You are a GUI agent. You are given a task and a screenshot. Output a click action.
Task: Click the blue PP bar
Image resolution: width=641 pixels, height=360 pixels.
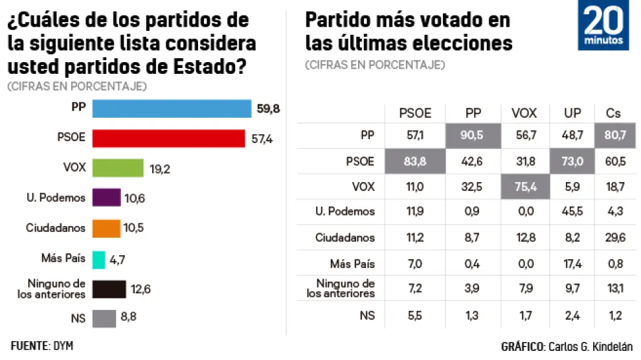click(x=172, y=109)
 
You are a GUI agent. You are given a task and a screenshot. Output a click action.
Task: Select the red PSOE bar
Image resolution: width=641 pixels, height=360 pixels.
click(x=168, y=138)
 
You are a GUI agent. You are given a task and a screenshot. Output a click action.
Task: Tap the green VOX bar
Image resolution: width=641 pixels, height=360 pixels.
click(x=117, y=167)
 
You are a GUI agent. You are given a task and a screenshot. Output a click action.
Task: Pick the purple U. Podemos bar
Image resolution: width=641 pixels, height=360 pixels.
click(x=106, y=197)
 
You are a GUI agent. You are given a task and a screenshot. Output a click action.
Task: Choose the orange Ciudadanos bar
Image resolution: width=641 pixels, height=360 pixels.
click(x=106, y=228)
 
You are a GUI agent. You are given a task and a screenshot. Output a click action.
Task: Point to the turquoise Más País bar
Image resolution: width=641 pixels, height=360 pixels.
click(x=98, y=258)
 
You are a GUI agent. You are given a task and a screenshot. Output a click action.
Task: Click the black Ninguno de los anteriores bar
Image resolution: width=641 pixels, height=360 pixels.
click(x=109, y=288)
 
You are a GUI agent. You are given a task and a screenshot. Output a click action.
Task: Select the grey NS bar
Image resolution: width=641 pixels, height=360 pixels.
click(x=104, y=318)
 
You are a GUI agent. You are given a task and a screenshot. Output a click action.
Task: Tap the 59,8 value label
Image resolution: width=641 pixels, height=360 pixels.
click(x=267, y=109)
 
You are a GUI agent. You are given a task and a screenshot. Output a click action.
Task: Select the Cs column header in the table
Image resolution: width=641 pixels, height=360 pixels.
click(x=613, y=113)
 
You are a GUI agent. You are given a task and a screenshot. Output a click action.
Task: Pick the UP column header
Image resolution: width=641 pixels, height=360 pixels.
click(x=572, y=113)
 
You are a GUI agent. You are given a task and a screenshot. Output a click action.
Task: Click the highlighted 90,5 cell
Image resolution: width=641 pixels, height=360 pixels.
click(x=473, y=137)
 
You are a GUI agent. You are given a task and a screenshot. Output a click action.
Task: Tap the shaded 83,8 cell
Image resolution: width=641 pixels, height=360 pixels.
click(x=415, y=161)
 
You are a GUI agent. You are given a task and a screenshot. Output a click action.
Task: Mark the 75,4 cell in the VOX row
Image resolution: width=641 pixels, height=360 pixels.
click(x=524, y=186)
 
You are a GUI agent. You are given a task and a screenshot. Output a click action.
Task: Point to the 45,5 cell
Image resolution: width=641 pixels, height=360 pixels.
click(x=572, y=212)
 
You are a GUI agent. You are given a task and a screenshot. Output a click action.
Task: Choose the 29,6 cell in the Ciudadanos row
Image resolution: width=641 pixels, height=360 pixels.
click(x=613, y=238)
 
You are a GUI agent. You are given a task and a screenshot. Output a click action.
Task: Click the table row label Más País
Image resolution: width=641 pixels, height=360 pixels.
click(x=353, y=264)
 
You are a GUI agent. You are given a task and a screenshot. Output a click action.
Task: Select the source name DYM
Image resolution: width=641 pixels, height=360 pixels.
click(x=62, y=346)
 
